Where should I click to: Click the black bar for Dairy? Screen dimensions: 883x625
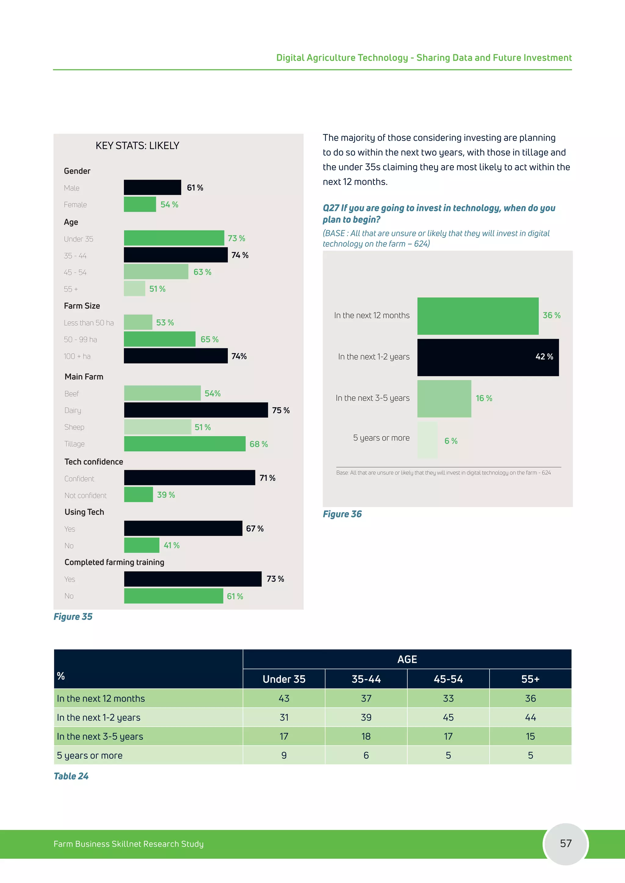(196, 410)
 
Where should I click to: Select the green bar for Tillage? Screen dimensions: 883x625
(185, 444)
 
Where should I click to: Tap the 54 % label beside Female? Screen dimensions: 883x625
(169, 205)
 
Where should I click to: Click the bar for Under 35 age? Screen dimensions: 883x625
(174, 238)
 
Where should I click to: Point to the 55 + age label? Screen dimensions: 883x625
(71, 289)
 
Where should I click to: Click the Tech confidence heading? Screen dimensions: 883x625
(93, 462)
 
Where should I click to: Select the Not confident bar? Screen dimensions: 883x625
(139, 495)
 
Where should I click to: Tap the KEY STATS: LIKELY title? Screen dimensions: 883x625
(137, 146)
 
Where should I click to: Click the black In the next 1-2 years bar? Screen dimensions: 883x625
(488, 357)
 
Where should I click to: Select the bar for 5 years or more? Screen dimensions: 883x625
(427, 440)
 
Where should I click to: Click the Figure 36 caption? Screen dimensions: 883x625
(342, 514)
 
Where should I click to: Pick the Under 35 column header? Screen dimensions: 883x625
(284, 679)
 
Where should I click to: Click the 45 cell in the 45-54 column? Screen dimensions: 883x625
(448, 717)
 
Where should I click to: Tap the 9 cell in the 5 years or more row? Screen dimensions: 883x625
(284, 755)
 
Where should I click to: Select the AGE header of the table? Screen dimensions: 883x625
(407, 660)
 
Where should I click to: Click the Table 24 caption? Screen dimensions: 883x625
(71, 776)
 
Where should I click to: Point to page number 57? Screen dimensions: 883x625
(565, 843)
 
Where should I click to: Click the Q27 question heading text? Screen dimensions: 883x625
(439, 213)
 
